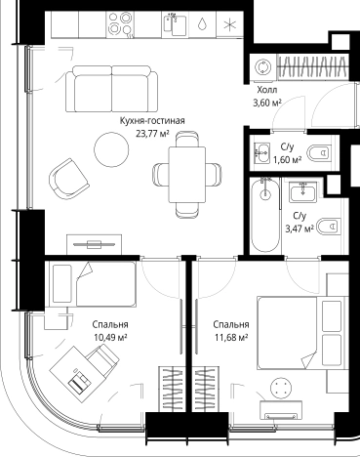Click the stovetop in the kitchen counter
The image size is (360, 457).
(120, 23)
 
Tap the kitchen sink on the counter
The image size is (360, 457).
(175, 23)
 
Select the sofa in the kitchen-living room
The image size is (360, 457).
(112, 89)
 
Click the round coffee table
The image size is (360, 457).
(111, 149)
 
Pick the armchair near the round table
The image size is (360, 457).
(69, 179)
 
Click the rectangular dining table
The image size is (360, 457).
(187, 175)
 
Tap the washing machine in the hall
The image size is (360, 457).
(262, 67)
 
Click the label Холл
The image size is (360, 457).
(267, 90)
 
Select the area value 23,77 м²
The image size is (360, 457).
(153, 134)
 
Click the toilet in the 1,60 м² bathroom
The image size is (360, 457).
(319, 152)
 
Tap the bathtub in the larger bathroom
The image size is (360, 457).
(265, 215)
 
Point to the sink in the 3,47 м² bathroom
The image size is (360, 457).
(302, 191)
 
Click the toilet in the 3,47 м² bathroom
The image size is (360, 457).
(328, 226)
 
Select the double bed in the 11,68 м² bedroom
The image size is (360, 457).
(302, 333)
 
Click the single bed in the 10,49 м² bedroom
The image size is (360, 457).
(93, 284)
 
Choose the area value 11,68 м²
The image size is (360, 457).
(231, 338)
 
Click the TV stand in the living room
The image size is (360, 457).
(94, 244)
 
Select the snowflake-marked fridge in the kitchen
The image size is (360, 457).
(230, 24)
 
